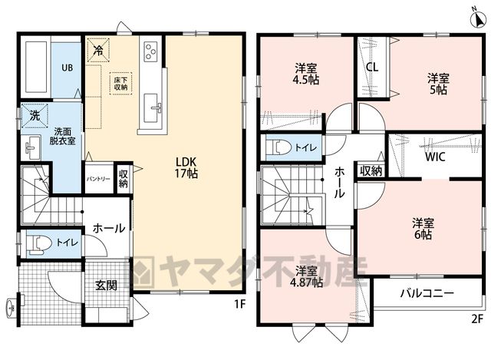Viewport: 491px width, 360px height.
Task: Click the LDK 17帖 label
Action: point(186,167)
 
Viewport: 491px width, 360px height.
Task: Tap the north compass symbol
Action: point(478,19)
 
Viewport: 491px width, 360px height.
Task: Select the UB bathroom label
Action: point(68,68)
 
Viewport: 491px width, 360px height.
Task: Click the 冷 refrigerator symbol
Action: point(98,50)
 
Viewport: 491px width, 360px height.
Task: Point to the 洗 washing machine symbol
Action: point(35,116)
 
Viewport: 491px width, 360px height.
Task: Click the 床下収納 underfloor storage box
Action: point(120,84)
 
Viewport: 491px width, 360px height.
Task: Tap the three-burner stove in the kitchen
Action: point(150,51)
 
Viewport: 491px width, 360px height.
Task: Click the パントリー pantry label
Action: point(98,179)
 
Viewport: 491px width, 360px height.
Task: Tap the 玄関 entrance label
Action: point(106,286)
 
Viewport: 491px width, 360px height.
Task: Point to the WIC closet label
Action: point(435,157)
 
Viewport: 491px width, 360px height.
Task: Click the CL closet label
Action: point(372,67)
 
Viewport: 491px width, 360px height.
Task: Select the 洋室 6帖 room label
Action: point(423,229)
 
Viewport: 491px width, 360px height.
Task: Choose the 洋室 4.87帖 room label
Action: point(306,276)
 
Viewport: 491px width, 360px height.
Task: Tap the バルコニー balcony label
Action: point(427,293)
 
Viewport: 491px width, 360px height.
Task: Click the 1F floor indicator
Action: point(239,304)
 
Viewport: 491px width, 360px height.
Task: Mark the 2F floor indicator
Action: point(476,319)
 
